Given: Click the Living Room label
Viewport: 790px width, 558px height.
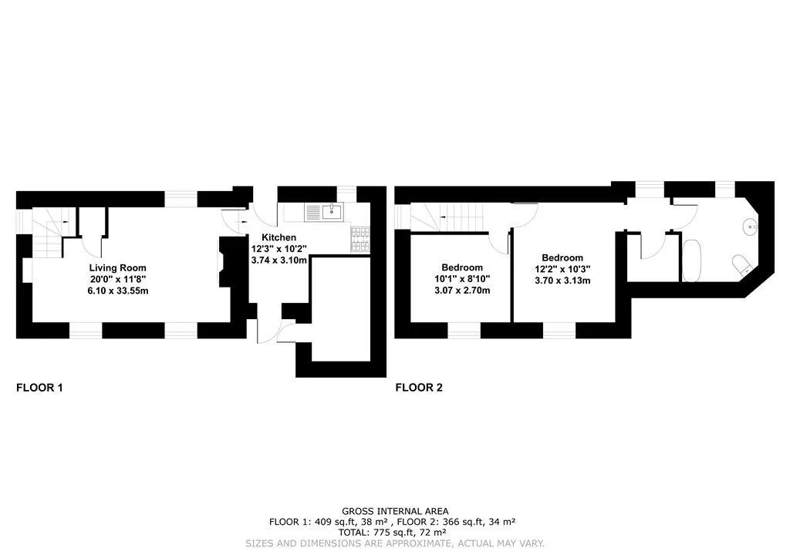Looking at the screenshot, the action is [x=117, y=267].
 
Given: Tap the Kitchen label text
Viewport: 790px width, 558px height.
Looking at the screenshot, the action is [x=279, y=237].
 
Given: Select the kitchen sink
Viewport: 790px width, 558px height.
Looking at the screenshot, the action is [x=323, y=212].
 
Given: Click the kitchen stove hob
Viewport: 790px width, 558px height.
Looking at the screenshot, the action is [x=360, y=240].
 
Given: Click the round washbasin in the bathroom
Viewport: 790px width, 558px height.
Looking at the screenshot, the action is [x=750, y=227].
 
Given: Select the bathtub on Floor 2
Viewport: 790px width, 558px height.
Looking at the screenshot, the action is [x=692, y=261].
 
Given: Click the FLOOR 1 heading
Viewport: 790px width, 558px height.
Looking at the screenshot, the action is [x=40, y=388].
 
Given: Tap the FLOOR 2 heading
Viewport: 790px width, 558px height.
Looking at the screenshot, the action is [x=419, y=388].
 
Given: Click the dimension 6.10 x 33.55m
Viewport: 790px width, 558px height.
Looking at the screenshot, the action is [x=118, y=291].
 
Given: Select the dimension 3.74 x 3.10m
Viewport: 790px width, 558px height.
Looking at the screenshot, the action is [x=279, y=261].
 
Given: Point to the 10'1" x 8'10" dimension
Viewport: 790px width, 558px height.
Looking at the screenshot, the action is [x=462, y=279].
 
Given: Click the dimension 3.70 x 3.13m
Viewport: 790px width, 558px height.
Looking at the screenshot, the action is [x=562, y=281].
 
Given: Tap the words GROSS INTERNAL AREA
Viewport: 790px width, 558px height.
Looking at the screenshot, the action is [x=395, y=511].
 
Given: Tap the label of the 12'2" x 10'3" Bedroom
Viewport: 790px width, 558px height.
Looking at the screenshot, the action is [x=562, y=257].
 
